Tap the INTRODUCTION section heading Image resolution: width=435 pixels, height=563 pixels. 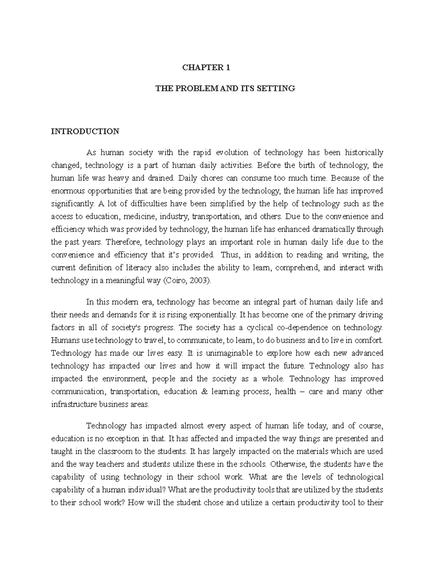point(85,131)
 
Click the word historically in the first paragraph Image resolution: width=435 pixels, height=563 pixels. point(364,153)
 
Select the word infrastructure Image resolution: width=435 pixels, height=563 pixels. point(74,405)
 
